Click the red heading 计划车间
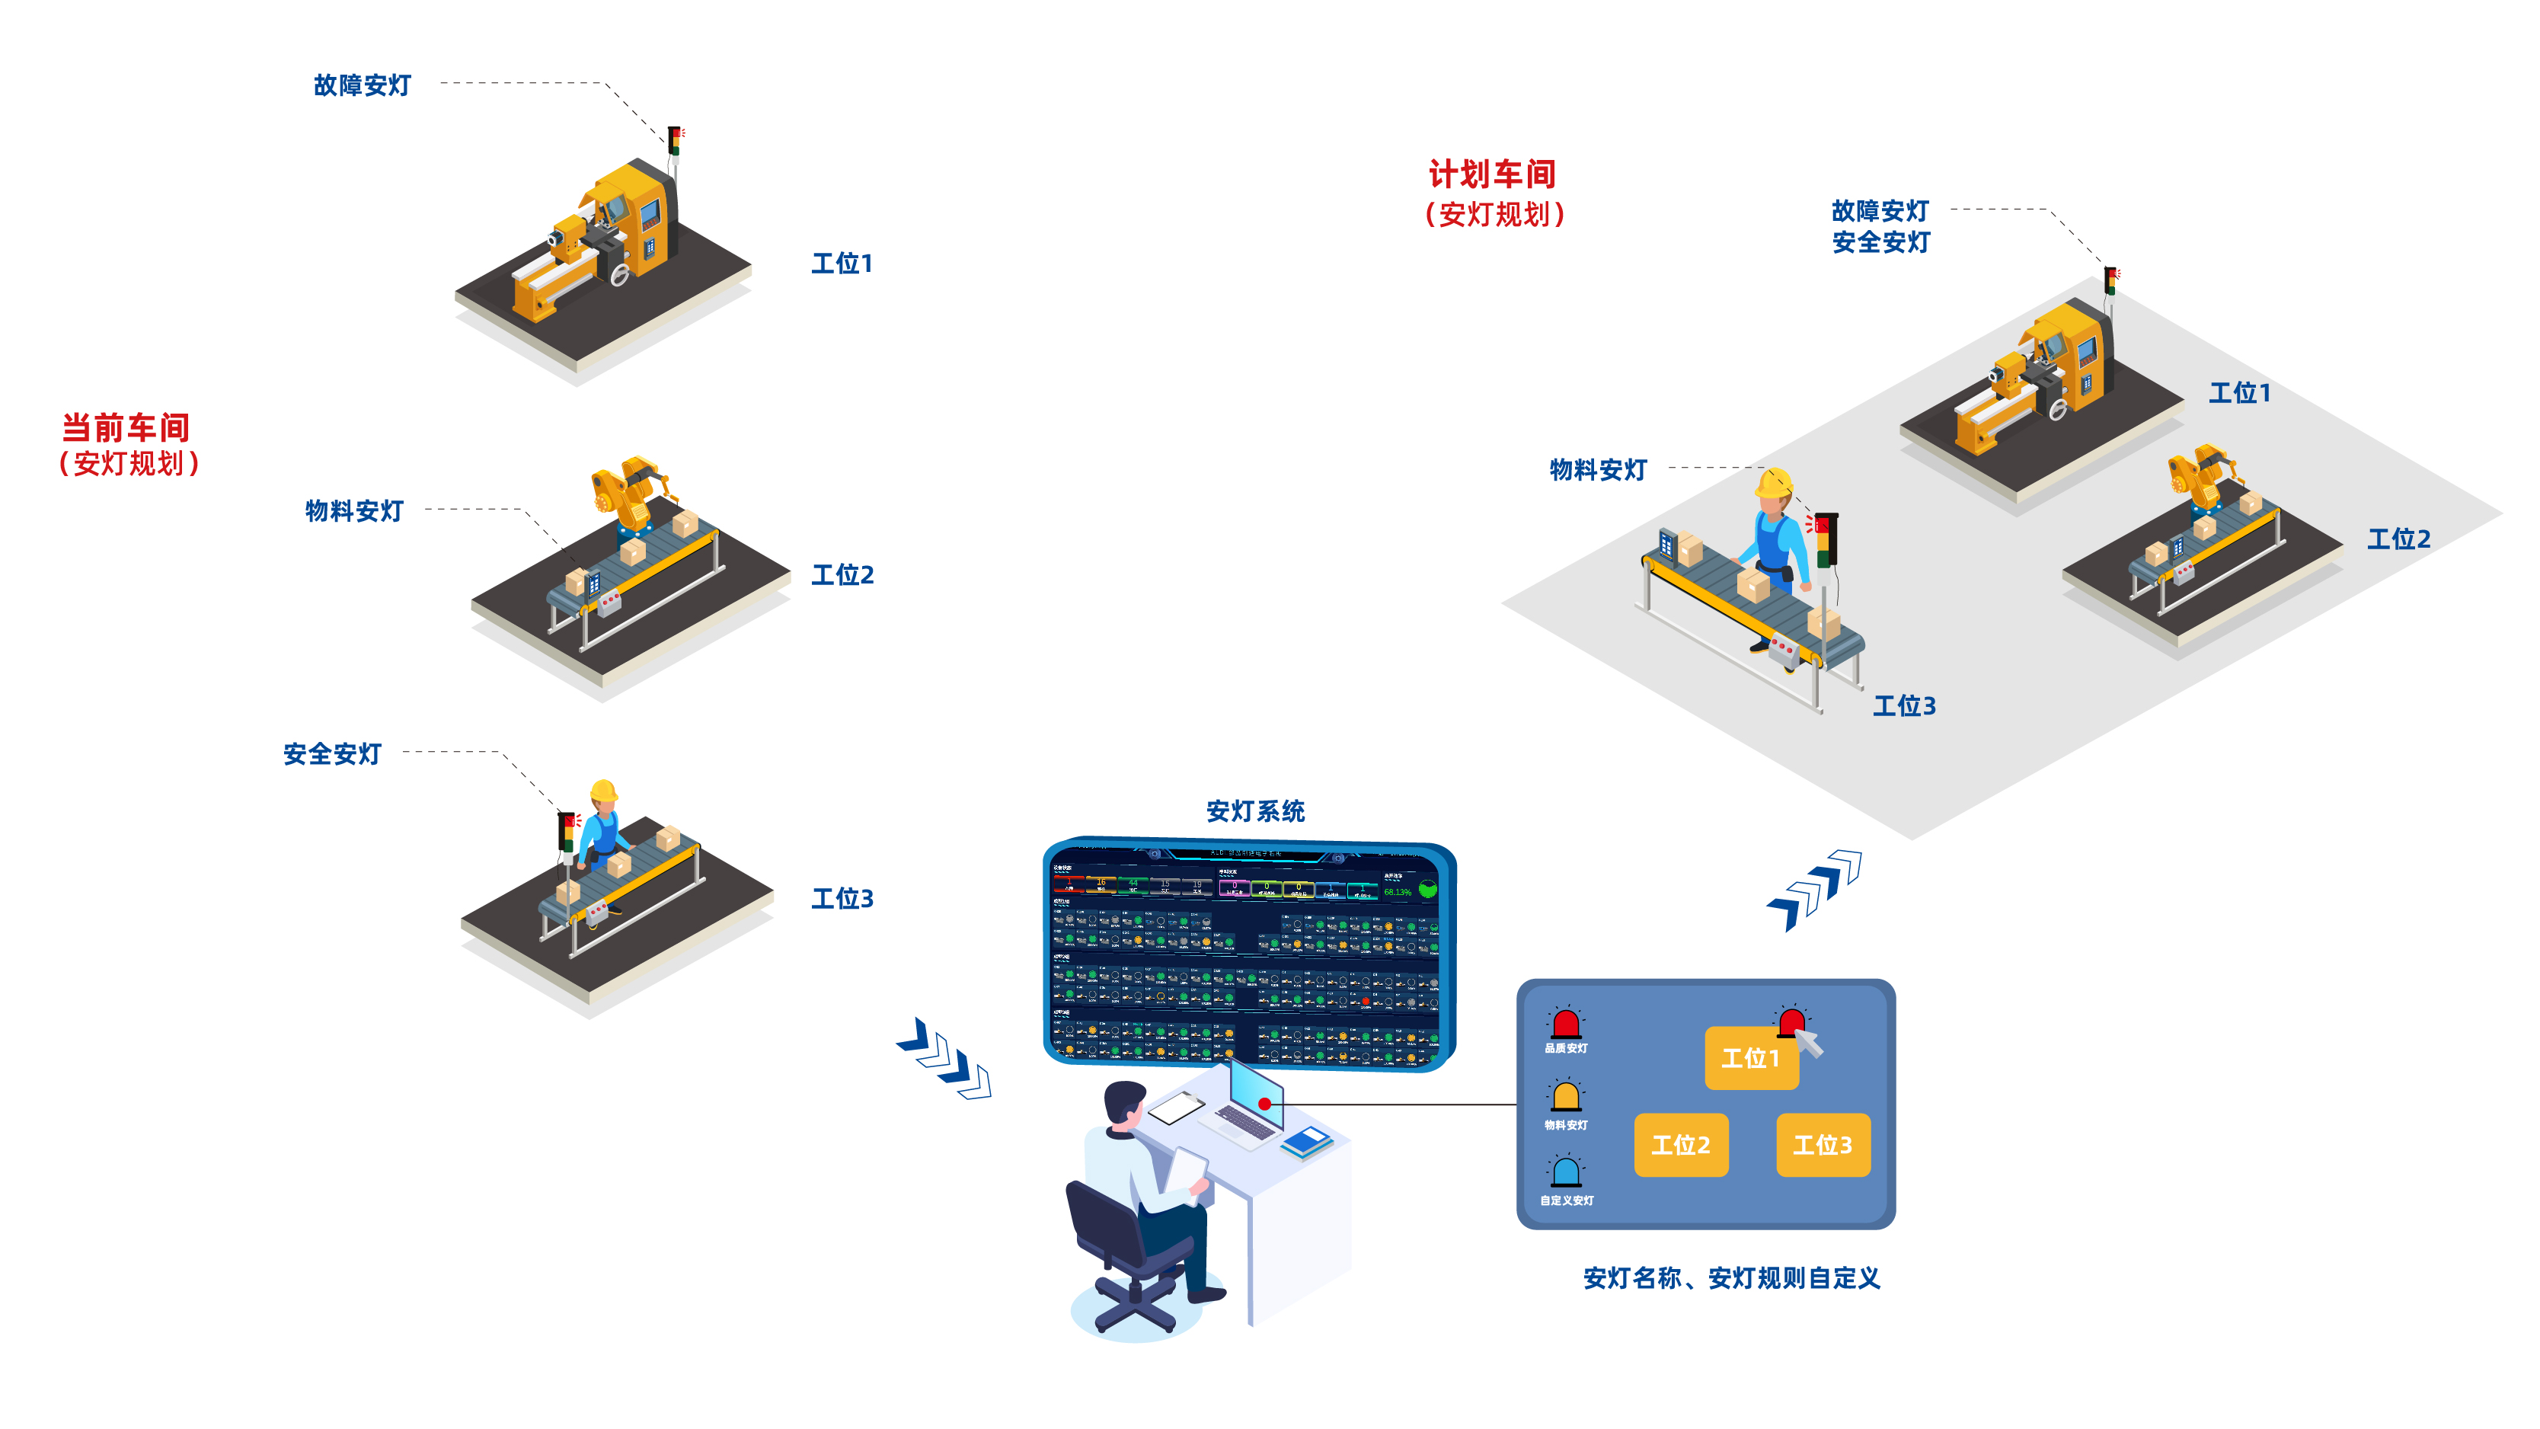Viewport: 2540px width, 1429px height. [1492, 174]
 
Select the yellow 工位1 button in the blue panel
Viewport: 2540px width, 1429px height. [1750, 1059]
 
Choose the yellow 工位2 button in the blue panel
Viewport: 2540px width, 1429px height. [1680, 1145]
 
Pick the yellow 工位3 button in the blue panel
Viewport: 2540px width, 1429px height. [1822, 1145]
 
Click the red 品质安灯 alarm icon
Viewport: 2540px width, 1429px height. [1566, 1024]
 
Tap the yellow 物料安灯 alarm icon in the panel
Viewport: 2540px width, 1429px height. [1566, 1097]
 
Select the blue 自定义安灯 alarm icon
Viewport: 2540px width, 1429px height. [1566, 1172]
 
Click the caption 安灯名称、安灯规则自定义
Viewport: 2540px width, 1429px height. [1731, 1279]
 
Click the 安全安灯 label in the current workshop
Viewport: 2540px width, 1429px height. [332, 754]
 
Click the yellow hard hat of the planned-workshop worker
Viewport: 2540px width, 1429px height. [1773, 483]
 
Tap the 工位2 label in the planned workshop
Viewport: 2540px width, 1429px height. [2398, 539]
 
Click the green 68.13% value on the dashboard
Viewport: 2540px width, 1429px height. [1398, 891]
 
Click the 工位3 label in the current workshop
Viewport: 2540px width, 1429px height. [842, 898]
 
